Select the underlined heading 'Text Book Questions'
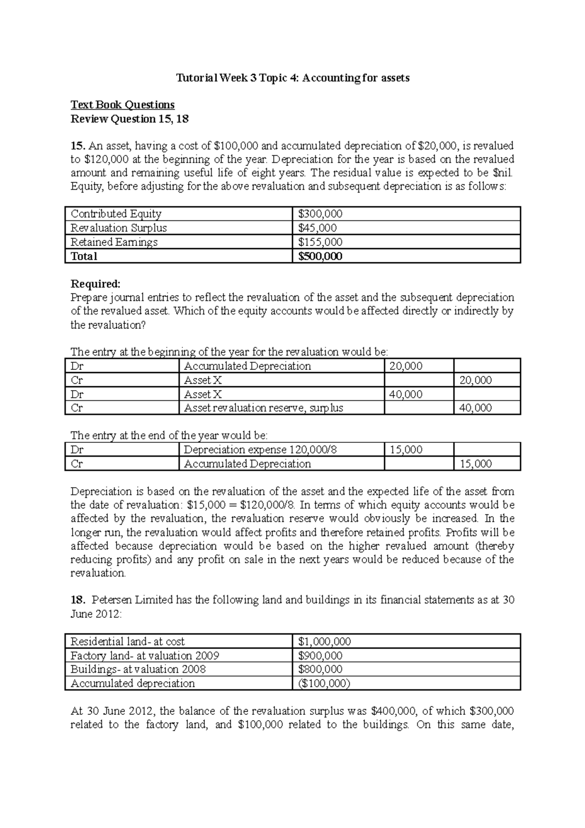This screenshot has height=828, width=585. [x=122, y=105]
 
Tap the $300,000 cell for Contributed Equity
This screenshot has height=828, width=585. [x=320, y=214]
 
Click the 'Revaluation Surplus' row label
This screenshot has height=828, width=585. [x=118, y=228]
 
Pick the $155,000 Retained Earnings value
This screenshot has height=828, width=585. [x=320, y=242]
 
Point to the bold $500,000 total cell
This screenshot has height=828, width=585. [x=320, y=256]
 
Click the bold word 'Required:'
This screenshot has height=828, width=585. [x=95, y=284]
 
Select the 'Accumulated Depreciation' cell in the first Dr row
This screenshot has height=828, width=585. [x=247, y=366]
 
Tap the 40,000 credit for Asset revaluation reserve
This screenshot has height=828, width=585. [x=476, y=408]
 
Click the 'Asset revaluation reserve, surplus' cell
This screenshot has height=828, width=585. [x=263, y=408]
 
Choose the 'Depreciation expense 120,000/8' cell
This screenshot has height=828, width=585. [x=260, y=450]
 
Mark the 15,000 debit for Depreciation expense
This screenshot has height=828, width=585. [x=406, y=450]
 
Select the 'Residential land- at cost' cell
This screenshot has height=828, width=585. [x=128, y=641]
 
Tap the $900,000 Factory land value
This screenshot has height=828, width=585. [x=320, y=655]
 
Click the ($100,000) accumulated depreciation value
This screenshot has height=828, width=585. [x=324, y=683]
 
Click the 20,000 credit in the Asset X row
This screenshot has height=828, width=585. [x=476, y=380]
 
